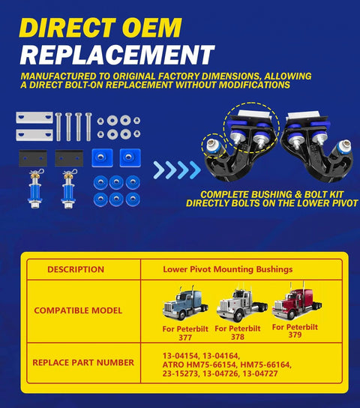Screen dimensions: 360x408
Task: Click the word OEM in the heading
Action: click(151, 28)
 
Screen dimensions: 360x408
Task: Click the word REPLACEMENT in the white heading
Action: click(118, 55)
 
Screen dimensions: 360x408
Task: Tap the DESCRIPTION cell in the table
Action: click(76, 269)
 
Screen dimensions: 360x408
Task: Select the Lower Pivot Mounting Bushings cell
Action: click(228, 269)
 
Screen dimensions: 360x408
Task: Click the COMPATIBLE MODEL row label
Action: click(78, 310)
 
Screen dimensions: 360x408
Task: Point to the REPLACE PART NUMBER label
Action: click(83, 362)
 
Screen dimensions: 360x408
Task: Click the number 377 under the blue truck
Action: click(185, 337)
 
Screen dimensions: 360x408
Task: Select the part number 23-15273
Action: click(181, 373)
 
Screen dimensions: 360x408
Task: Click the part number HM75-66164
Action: click(265, 364)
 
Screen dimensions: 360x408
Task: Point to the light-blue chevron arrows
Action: click(177, 170)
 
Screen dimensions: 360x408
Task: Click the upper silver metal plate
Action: click(34, 118)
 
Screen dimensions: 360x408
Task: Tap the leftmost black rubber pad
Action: click(33, 158)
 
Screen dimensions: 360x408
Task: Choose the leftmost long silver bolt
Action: click(58, 127)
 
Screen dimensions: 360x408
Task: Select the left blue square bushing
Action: click(102, 157)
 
